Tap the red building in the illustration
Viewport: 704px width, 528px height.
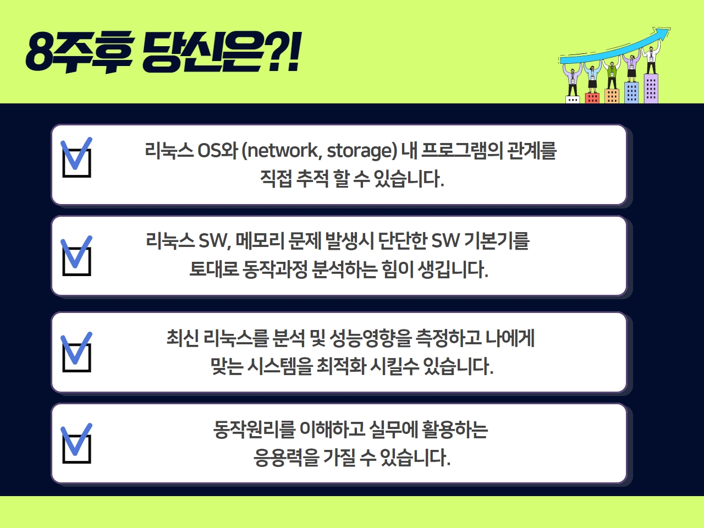pyautogui.click(x=592, y=98)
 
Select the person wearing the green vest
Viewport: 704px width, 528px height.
pyautogui.click(x=612, y=74)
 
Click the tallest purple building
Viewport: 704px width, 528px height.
pyautogui.click(x=651, y=89)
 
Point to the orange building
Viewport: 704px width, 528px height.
pyautogui.click(x=612, y=96)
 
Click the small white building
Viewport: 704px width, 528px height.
pyautogui.click(x=573, y=100)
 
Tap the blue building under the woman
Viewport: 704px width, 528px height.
pyautogui.click(x=631, y=92)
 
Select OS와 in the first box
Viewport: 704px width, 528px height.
pyautogui.click(x=217, y=150)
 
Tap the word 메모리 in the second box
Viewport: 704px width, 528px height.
pyautogui.click(x=260, y=241)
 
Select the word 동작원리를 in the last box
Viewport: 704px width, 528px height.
pyautogui.click(x=254, y=430)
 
